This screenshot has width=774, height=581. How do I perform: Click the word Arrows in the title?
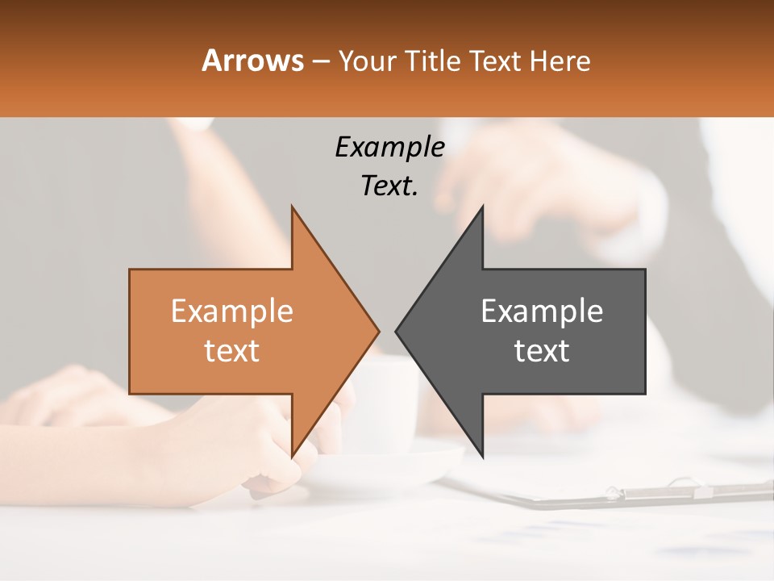click(x=253, y=61)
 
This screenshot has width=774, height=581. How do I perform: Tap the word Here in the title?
click(x=560, y=61)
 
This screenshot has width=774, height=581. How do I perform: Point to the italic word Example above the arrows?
click(x=389, y=147)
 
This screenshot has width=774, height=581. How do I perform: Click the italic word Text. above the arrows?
click(x=389, y=186)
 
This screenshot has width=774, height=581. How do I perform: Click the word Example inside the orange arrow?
click(x=232, y=311)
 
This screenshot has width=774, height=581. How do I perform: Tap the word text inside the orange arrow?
click(x=232, y=351)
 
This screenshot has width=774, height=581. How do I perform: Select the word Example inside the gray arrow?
click(x=542, y=311)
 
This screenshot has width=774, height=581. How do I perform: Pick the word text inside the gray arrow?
click(x=542, y=351)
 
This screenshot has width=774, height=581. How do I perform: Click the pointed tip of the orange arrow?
click(x=378, y=331)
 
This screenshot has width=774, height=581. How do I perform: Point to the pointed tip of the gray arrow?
click(x=396, y=331)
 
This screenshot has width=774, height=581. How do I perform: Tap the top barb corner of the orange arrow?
click(x=292, y=207)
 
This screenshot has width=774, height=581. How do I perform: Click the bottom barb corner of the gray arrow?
click(x=482, y=456)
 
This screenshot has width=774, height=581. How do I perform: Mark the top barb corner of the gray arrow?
click(x=482, y=207)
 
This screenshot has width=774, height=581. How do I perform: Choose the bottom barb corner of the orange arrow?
click(x=292, y=456)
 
